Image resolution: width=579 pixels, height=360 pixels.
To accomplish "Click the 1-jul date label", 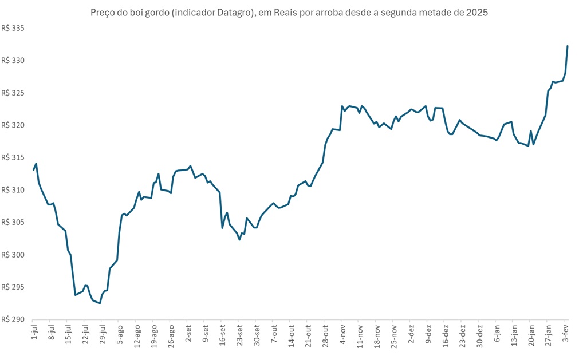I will [33, 334].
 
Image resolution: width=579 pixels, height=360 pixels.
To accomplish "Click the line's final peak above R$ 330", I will [567, 46].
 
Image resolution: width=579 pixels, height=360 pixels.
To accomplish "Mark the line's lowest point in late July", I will [100, 303].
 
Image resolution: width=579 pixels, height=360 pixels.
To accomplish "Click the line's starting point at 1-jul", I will [33, 170].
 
